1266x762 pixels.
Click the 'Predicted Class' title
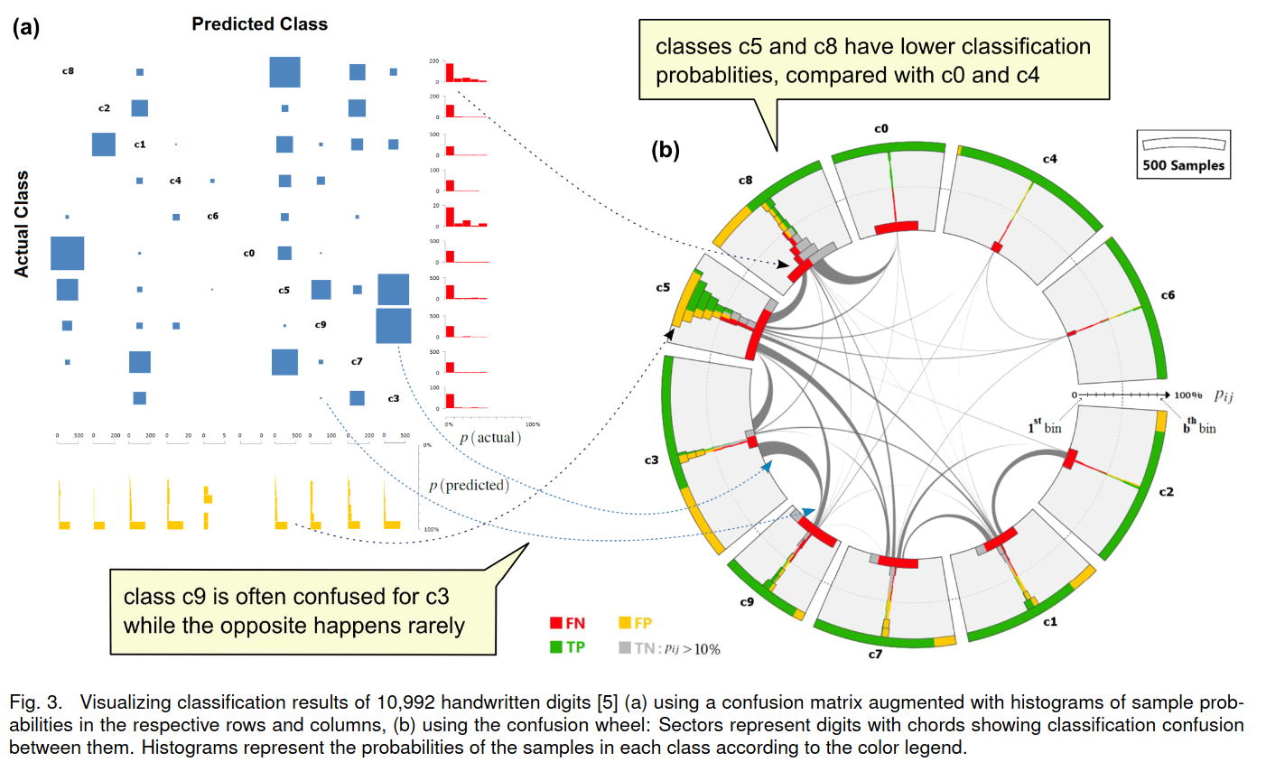pyautogui.click(x=259, y=24)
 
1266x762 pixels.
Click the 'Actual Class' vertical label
pyautogui.click(x=22, y=224)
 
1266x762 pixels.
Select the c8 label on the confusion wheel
pyautogui.click(x=745, y=181)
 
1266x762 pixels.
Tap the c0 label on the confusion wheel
pyautogui.click(x=881, y=129)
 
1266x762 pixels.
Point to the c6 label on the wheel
pyautogui.click(x=1168, y=295)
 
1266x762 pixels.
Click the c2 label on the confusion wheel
pyautogui.click(x=1166, y=492)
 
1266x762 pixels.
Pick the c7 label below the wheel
pyautogui.click(x=875, y=654)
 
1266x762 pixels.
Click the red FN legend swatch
pyautogui.click(x=556, y=623)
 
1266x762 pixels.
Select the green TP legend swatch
pyautogui.click(x=556, y=647)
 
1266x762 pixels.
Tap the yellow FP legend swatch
pyautogui.click(x=624, y=623)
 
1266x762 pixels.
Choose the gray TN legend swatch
pyautogui.click(x=624, y=647)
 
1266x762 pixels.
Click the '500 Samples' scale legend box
pyautogui.click(x=1183, y=153)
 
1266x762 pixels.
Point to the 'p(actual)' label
pyautogui.click(x=489, y=438)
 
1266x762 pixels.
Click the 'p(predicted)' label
pyautogui.click(x=469, y=486)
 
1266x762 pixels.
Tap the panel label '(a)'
pyautogui.click(x=26, y=28)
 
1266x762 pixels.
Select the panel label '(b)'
pyautogui.click(x=666, y=150)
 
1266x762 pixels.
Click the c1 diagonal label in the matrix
pyautogui.click(x=140, y=144)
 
